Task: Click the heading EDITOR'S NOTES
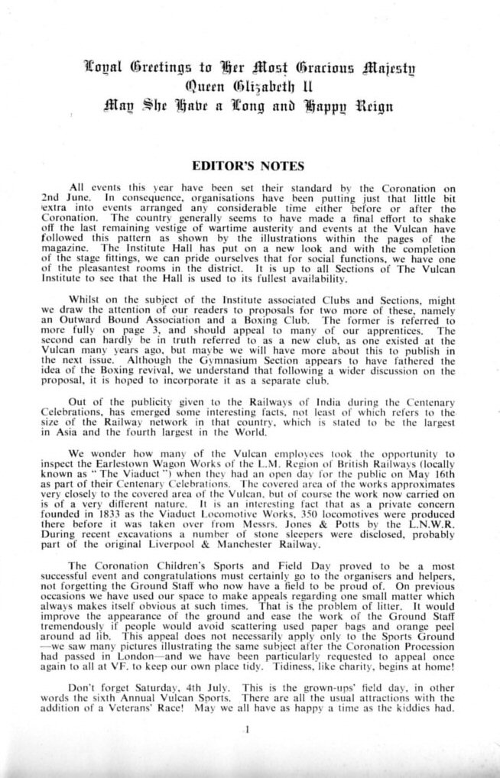pos(249,165)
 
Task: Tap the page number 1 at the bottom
pos(248,731)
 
